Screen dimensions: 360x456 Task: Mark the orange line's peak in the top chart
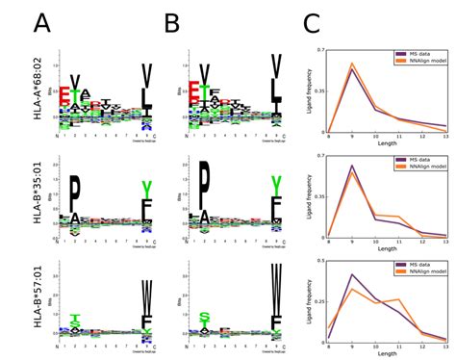[352, 64]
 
